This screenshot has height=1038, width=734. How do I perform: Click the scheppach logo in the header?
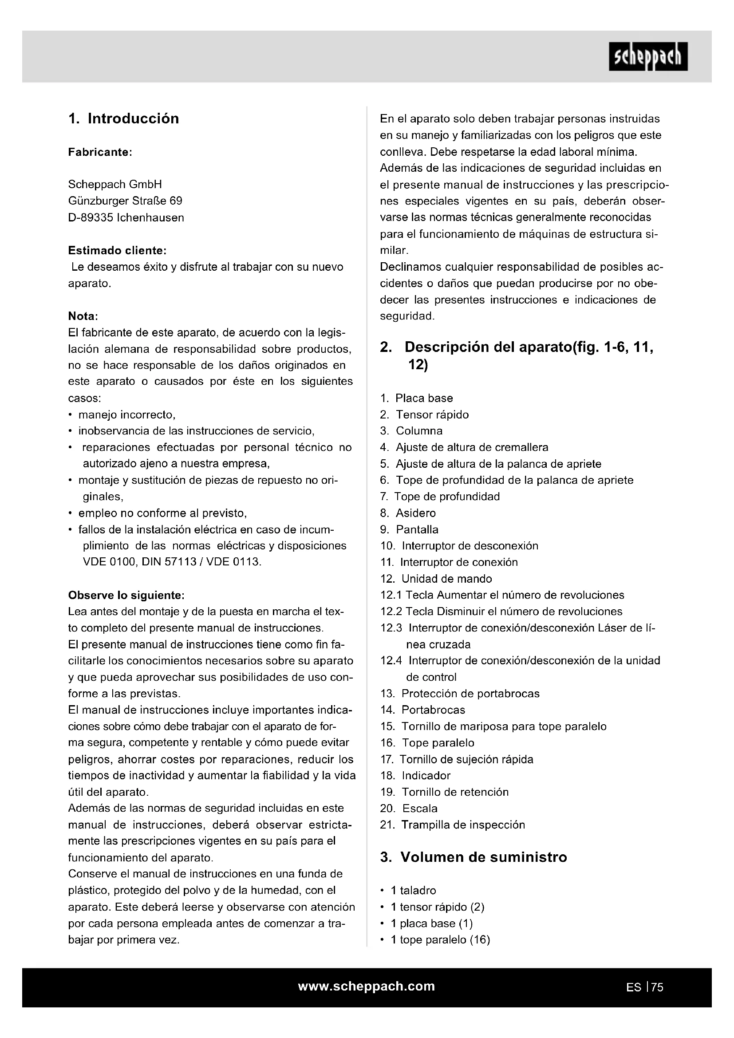647,57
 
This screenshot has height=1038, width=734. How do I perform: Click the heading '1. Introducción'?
123,118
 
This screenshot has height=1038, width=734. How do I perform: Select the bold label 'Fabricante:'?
100,152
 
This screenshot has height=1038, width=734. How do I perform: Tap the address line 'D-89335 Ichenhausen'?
126,217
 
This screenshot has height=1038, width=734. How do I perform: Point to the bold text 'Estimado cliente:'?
117,250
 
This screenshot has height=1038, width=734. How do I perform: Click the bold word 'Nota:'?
83,316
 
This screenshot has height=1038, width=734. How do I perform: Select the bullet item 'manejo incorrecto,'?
126,414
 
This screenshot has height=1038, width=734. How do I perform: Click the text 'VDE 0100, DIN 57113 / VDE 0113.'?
172,562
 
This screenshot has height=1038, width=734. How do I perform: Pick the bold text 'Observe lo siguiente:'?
126,595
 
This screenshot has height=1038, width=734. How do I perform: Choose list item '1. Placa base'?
416,398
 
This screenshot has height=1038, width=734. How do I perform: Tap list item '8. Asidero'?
408,513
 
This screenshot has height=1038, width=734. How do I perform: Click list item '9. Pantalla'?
409,529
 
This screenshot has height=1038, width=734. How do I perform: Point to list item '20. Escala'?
409,808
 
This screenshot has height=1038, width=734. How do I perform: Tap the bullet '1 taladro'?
413,890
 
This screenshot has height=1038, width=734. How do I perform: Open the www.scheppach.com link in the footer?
367,986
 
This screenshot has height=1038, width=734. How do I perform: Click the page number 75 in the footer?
657,987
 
